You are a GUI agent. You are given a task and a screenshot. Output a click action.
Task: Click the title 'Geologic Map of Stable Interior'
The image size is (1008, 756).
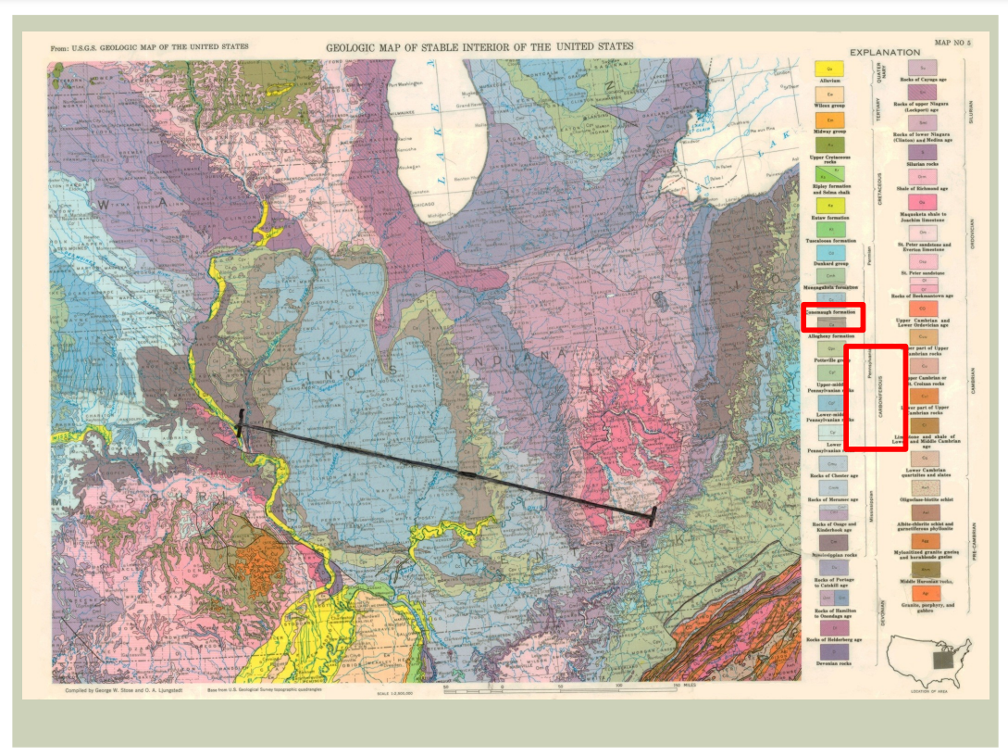(479, 47)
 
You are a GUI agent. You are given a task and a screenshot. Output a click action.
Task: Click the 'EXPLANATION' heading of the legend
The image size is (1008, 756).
(885, 53)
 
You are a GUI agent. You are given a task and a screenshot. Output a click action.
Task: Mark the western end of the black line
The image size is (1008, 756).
(241, 427)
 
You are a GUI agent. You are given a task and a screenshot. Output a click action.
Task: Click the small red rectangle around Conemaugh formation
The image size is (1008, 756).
(831, 317)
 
